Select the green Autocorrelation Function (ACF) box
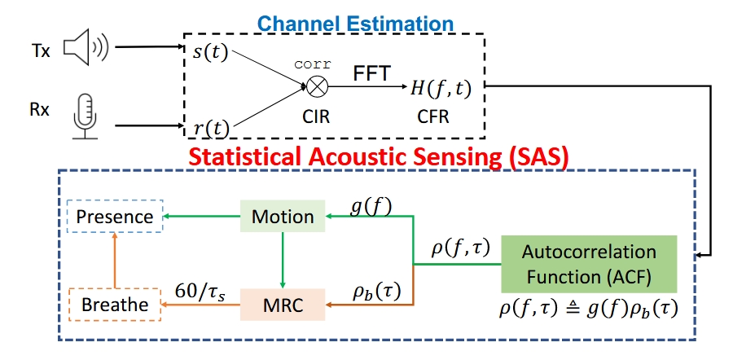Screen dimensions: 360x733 590,263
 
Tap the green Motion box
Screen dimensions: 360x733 283,217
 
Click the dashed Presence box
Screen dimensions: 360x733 115,217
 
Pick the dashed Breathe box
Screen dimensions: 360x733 114,305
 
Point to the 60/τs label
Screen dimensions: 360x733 200,290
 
